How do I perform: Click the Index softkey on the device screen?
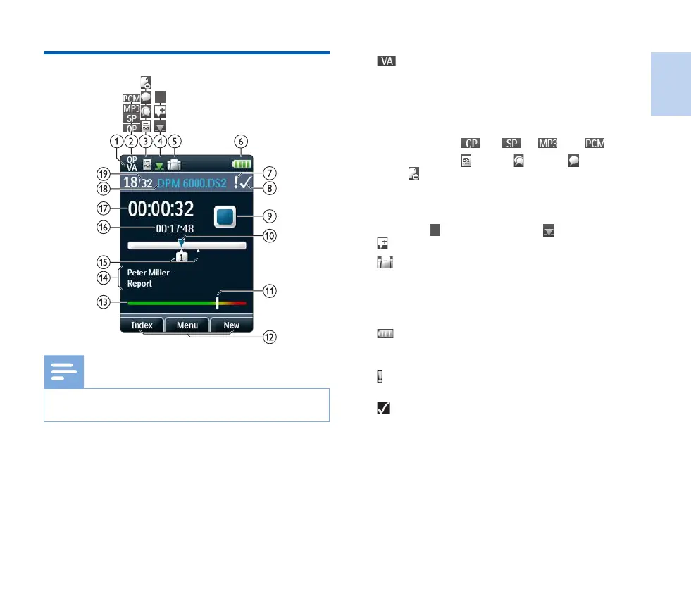(142, 325)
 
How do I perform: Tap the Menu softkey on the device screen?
(187, 325)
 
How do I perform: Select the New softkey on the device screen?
(231, 325)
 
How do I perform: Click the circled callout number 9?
(269, 216)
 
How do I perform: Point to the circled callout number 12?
(269, 337)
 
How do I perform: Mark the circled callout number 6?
(243, 140)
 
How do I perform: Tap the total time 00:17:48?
(175, 228)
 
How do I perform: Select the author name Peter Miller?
(149, 273)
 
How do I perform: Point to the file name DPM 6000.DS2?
(197, 182)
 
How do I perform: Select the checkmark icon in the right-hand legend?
(384, 408)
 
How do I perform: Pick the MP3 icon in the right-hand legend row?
(548, 143)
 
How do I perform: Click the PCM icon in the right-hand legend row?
(594, 143)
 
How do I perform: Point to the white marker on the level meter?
(218, 302)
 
